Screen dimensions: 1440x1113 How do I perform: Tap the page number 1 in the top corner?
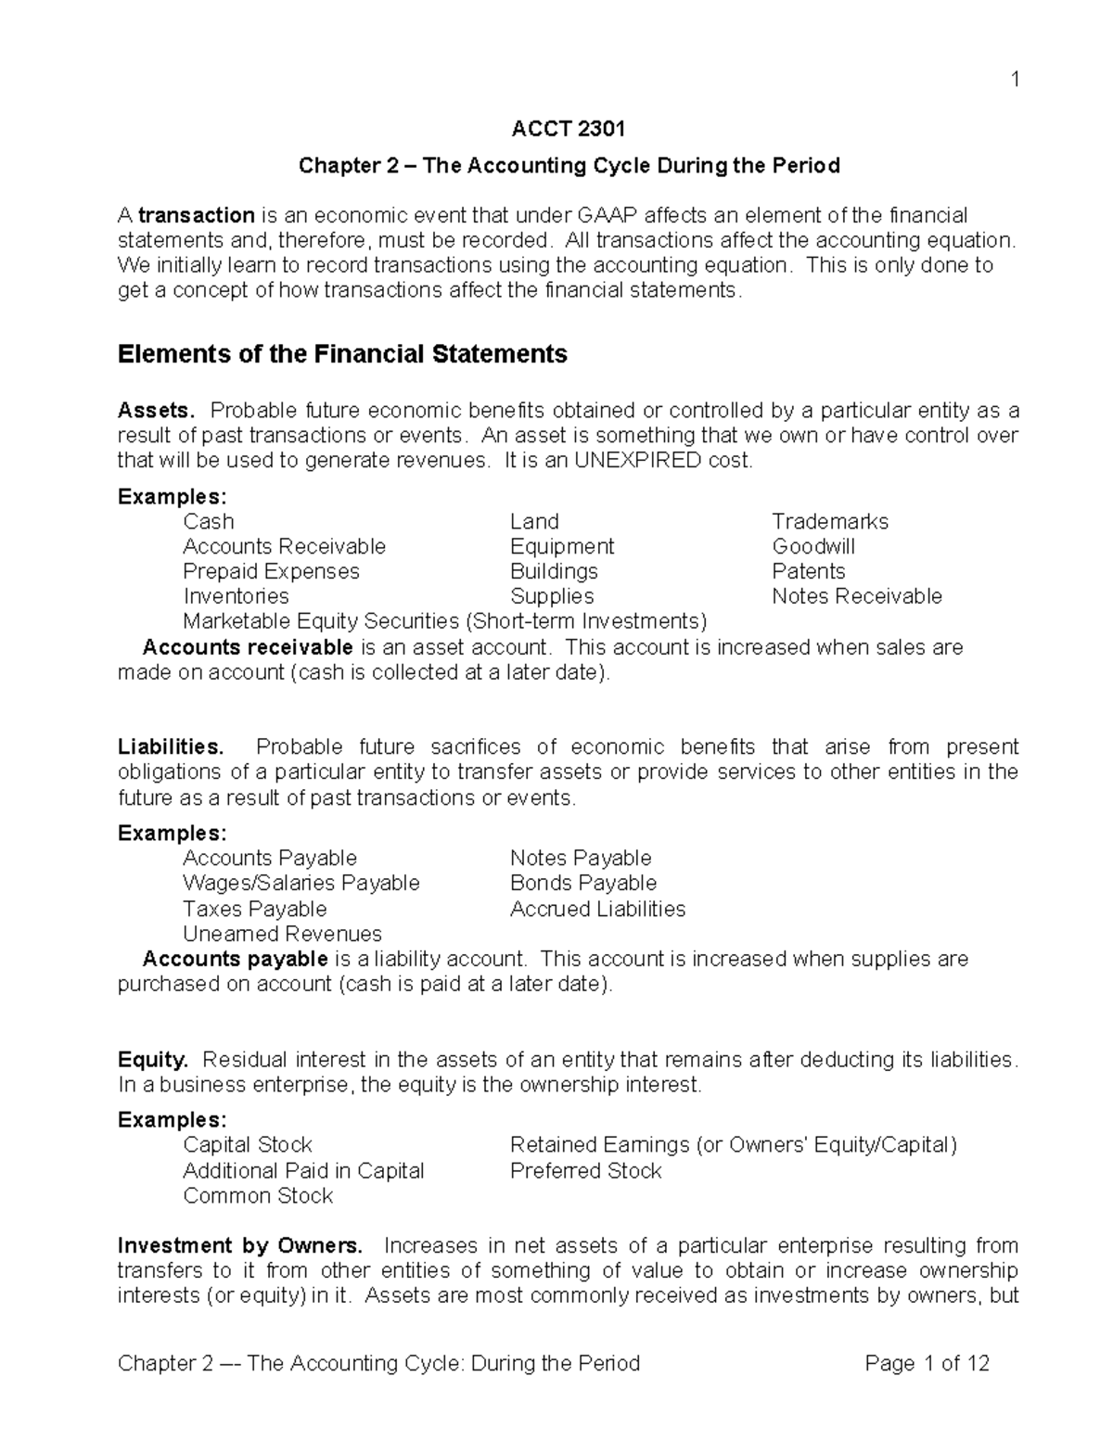pyautogui.click(x=1016, y=80)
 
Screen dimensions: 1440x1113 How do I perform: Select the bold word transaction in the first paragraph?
pyautogui.click(x=197, y=216)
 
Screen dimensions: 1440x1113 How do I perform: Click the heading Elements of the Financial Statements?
pyautogui.click(x=342, y=354)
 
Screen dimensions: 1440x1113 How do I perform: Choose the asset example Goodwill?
pyautogui.click(x=813, y=547)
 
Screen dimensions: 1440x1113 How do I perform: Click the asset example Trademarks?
pyautogui.click(x=830, y=522)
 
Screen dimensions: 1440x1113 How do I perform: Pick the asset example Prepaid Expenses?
pyautogui.click(x=271, y=572)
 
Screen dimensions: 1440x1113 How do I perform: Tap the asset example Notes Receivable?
pyautogui.click(x=857, y=597)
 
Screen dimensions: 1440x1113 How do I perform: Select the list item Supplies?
pyautogui.click(x=552, y=597)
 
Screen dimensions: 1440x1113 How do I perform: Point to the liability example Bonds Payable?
pyautogui.click(x=583, y=884)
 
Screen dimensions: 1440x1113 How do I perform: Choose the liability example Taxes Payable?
pyautogui.click(x=255, y=910)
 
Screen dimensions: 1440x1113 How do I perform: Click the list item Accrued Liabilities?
pyautogui.click(x=597, y=910)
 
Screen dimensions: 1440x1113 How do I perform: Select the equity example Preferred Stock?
pyautogui.click(x=586, y=1171)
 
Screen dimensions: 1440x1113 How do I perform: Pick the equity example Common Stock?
pyautogui.click(x=258, y=1196)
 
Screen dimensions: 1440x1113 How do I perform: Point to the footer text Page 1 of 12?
pyautogui.click(x=927, y=1364)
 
